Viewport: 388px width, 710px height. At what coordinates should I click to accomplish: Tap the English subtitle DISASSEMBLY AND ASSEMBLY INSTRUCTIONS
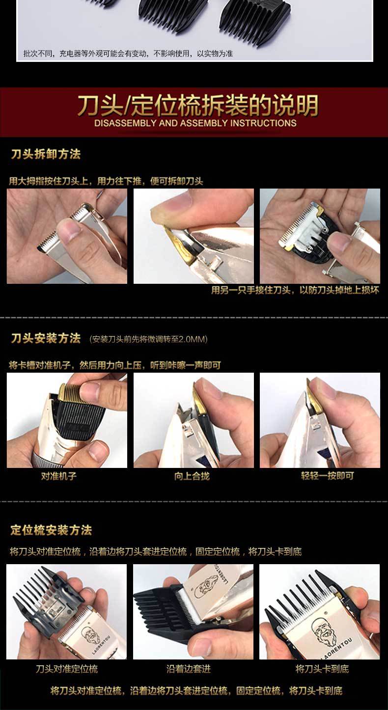click(x=195, y=123)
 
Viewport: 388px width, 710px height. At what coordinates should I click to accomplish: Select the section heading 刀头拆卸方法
click(x=46, y=154)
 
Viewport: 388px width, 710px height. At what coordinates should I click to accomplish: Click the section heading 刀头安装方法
click(x=46, y=338)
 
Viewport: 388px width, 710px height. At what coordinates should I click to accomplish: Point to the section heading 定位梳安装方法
click(x=51, y=530)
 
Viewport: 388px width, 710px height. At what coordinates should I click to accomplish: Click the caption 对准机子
click(x=58, y=476)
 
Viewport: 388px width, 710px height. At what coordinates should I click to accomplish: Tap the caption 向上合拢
click(x=192, y=476)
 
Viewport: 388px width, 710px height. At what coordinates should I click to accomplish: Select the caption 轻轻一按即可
click(x=327, y=476)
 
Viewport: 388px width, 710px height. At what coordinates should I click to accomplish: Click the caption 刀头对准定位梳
click(x=66, y=669)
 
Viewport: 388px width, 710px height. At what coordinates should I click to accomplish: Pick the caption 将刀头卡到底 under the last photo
click(x=322, y=669)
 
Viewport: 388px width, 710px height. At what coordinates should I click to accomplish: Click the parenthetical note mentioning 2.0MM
click(x=149, y=339)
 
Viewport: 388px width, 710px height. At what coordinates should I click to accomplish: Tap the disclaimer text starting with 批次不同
click(x=128, y=54)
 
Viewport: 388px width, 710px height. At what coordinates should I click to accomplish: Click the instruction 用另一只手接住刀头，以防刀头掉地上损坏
click(x=295, y=290)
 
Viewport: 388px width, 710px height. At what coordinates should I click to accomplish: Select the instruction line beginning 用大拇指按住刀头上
click(x=106, y=181)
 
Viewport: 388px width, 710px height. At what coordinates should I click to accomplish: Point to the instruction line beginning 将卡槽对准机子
click(x=115, y=365)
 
